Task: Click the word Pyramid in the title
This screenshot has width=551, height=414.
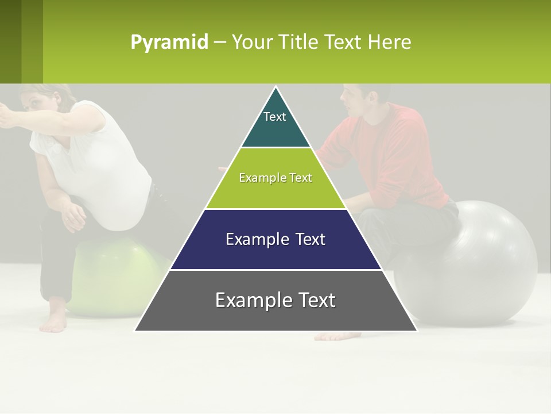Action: click(169, 43)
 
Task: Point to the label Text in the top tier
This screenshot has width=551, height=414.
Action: click(275, 117)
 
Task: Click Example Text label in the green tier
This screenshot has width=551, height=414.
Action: click(275, 178)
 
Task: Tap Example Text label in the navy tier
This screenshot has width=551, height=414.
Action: click(275, 239)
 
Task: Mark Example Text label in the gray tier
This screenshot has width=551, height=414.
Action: click(275, 300)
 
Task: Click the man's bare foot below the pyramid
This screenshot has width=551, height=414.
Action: click(336, 336)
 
